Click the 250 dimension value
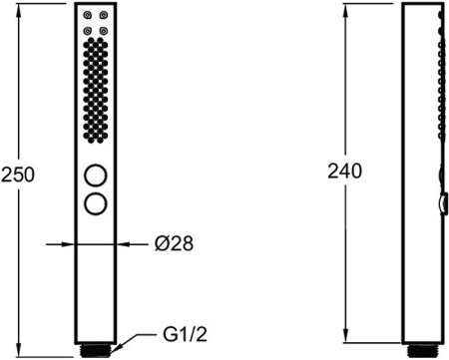tap(18, 175)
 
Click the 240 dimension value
tap(344, 172)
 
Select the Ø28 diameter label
tap(174, 243)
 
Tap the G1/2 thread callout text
tap(185, 334)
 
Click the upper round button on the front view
tap(96, 176)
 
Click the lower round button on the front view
tap(96, 203)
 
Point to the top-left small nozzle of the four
tap(87, 15)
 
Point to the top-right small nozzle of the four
tap(104, 15)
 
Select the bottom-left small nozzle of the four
tap(87, 31)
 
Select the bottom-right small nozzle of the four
tap(104, 31)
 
